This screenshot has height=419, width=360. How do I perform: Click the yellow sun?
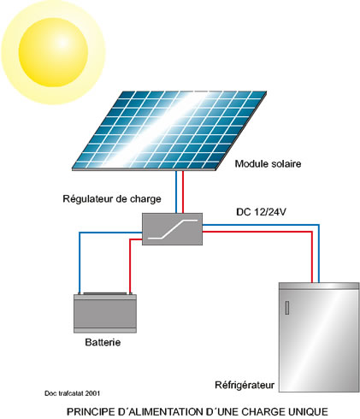pos(53,52)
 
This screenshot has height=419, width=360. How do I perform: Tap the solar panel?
pos(169,131)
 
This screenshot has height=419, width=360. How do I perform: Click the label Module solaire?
pos(268,164)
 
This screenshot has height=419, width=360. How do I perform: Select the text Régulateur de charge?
pos(112,199)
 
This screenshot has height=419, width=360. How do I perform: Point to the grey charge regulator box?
pos(172,229)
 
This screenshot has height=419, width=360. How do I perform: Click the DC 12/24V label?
pos(261,212)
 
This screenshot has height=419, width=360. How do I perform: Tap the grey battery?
pos(105,313)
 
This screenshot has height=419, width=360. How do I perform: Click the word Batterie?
pos(103,342)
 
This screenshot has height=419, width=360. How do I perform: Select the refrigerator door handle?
pos(287,308)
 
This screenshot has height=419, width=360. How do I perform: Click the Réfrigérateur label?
pos(245,385)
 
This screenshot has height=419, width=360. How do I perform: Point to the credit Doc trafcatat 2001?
pos(72,393)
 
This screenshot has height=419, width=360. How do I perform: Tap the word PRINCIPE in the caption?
pos(91,412)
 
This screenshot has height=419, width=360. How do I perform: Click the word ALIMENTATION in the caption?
pos(166,412)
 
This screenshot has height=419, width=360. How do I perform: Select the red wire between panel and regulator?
pos(183,192)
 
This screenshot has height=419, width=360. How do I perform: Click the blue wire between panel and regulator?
pos(176,192)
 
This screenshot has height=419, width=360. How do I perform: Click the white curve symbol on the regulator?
pos(173,229)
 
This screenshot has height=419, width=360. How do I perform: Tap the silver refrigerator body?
pos(319,337)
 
